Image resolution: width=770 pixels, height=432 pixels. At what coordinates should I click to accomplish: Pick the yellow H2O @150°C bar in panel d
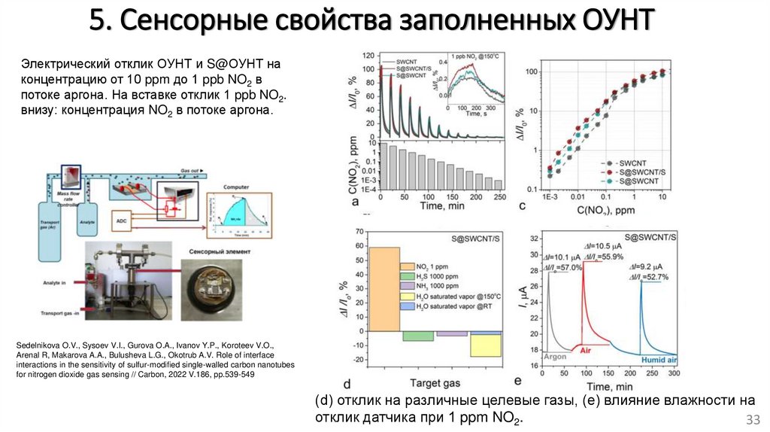(486, 343)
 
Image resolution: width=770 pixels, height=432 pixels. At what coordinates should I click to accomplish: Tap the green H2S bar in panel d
(418, 336)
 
